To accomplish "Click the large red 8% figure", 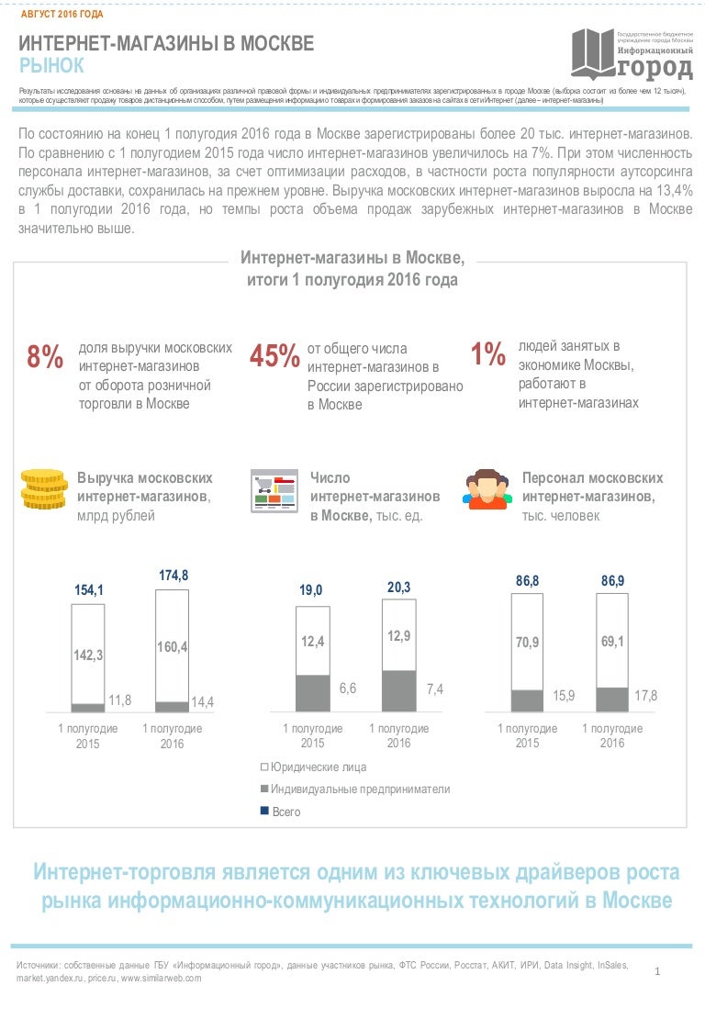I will tap(45, 357).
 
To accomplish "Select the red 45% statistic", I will tap(274, 357).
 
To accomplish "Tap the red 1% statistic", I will tap(487, 354).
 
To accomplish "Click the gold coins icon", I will tap(43, 489).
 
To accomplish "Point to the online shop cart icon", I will tap(274, 490).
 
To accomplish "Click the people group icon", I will tap(487, 490).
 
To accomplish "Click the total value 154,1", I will tap(89, 590).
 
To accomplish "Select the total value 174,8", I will tap(173, 576).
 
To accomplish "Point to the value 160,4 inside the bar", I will tap(173, 647).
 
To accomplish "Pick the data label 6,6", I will tap(349, 689).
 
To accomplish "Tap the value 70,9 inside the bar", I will tap(527, 642).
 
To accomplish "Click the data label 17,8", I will tap(646, 695).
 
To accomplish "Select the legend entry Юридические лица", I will tap(316, 766).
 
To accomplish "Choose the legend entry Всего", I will tap(285, 812).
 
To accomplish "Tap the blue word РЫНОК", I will tap(52, 66).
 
